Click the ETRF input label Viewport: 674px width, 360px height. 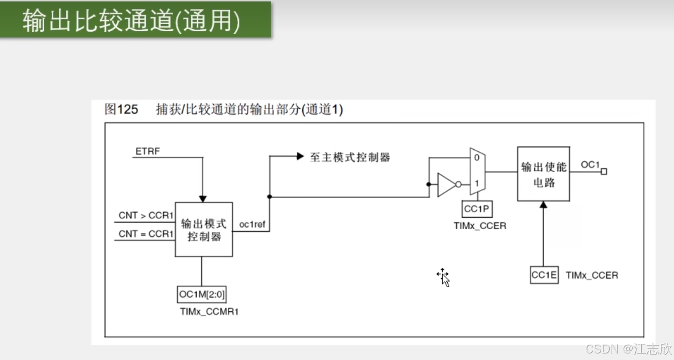[x=147, y=151]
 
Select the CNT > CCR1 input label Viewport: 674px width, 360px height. [x=146, y=216]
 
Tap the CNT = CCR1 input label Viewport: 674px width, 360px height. [x=146, y=234]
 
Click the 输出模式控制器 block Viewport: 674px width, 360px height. [x=204, y=230]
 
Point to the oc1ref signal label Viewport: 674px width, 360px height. [x=252, y=225]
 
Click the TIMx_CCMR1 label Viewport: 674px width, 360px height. [x=209, y=312]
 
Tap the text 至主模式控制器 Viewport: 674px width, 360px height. [x=350, y=157]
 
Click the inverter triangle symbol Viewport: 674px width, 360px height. [x=446, y=185]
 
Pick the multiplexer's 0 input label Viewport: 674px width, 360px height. [x=476, y=157]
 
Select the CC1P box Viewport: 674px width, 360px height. [x=477, y=209]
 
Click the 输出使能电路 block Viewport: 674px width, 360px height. [x=544, y=174]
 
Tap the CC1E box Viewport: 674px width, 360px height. [x=544, y=275]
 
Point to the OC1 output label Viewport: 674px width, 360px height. [x=590, y=164]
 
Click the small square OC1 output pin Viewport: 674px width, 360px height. [x=604, y=171]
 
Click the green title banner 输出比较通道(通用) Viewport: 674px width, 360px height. [x=135, y=20]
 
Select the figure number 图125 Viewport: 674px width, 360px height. [x=121, y=109]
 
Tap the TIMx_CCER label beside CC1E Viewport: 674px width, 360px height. [x=592, y=276]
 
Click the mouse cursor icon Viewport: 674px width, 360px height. [x=444, y=277]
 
